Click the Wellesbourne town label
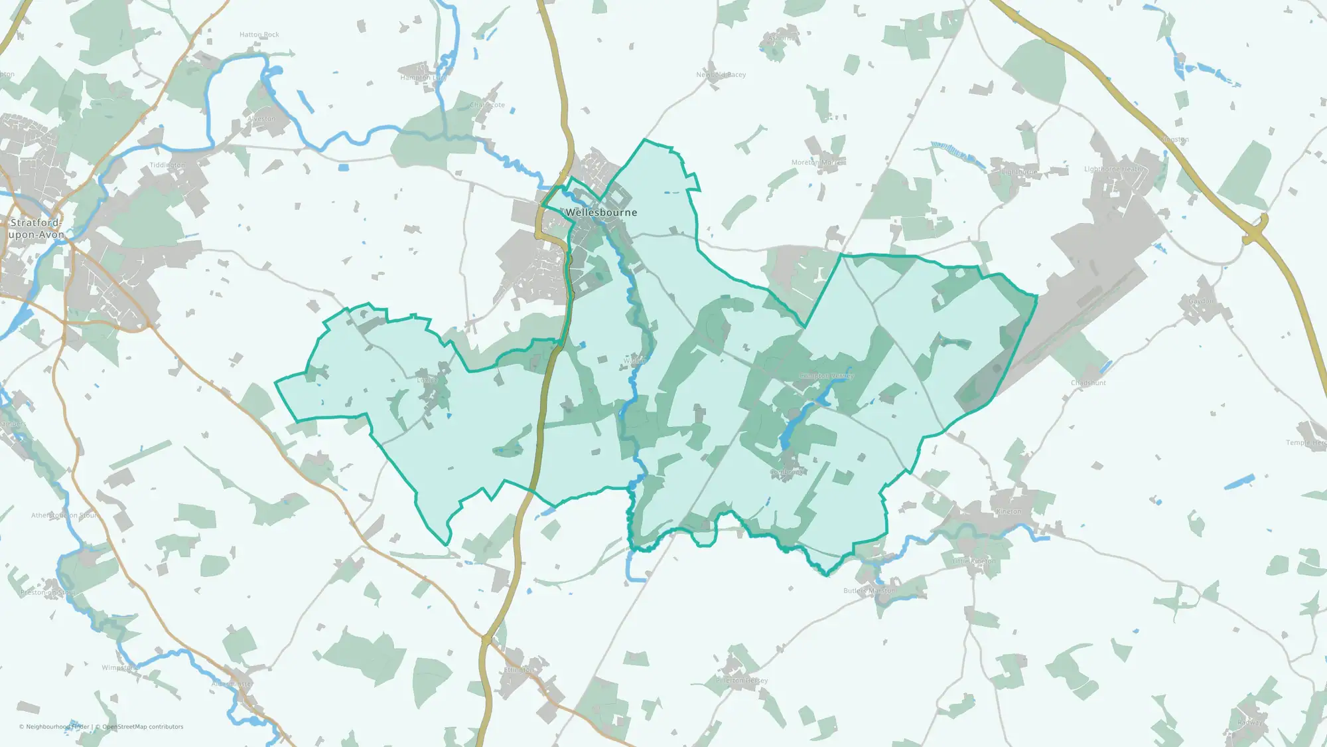[601, 212]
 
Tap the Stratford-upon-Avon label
[36, 228]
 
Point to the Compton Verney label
[826, 376]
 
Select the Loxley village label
[426, 380]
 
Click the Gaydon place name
[1200, 301]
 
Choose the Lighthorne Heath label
[1112, 169]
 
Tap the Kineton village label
[1009, 511]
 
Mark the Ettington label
[519, 670]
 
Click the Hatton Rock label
[259, 35]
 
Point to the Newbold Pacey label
[721, 75]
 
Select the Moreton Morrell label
[818, 163]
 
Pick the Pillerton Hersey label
[742, 681]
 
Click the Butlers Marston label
[869, 591]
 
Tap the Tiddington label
[167, 165]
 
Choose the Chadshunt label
[1088, 383]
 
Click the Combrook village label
[787, 473]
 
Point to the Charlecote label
[488, 105]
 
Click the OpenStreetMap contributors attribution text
[143, 727]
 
